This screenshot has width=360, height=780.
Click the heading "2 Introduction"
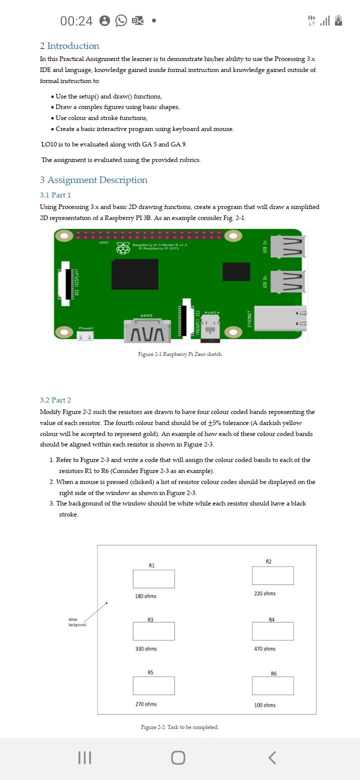click(69, 46)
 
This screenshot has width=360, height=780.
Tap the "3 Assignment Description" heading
click(93, 180)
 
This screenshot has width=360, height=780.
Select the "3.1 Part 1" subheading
click(55, 195)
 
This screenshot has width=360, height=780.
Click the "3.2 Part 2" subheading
click(55, 400)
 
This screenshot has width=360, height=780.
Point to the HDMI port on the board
click(146, 330)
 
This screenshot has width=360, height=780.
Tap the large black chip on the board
click(134, 274)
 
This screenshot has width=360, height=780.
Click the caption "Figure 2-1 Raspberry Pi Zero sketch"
click(180, 354)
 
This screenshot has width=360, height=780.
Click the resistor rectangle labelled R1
click(153, 579)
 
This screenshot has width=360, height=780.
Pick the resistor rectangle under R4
click(272, 631)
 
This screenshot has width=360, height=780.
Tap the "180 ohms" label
click(145, 596)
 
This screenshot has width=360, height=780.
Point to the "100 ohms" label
click(264, 705)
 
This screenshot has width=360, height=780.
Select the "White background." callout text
click(77, 622)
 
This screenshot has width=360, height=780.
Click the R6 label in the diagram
click(273, 673)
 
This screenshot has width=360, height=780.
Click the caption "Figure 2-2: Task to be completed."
click(179, 727)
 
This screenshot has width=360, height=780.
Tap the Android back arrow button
click(272, 757)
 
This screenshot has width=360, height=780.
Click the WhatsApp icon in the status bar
click(121, 20)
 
